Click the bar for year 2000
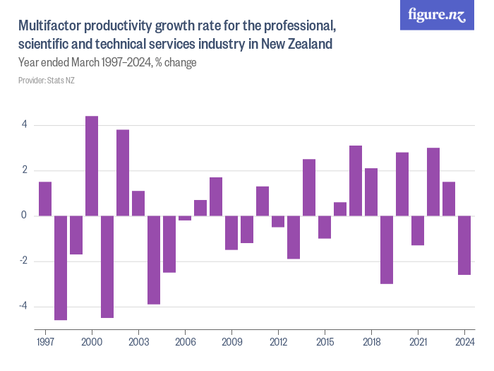[92, 166]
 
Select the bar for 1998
[61, 268]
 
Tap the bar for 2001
[107, 267]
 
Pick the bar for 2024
[464, 245]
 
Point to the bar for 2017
[356, 181]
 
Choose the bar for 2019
[387, 249]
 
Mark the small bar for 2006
[185, 218]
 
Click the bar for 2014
[309, 187]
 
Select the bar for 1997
[45, 199]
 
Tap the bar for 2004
[154, 260]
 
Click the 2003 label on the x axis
[138, 341]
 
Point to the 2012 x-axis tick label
[278, 341]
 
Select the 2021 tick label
[418, 341]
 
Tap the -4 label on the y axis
[23, 307]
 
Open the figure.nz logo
[438, 15]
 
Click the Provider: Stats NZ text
[47, 81]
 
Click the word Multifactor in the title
[49, 27]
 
